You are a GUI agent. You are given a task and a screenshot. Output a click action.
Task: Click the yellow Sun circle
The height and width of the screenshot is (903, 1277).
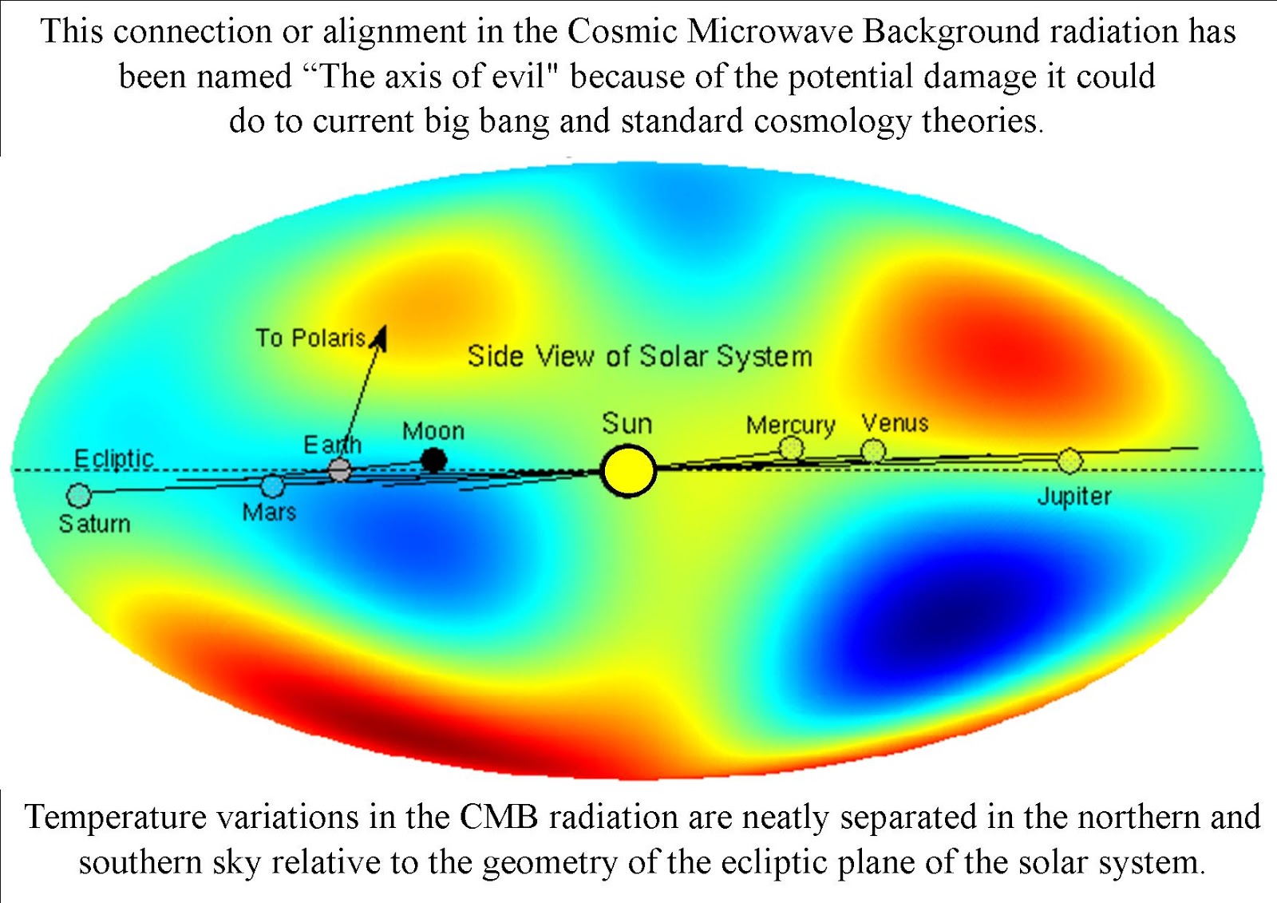coord(629,471)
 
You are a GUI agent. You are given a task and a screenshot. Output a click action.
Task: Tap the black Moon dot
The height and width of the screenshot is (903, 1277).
coord(433,460)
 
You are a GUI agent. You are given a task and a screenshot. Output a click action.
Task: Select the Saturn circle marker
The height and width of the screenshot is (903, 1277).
coord(79,496)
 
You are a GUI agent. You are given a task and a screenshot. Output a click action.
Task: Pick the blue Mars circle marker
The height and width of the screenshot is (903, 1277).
coord(273,485)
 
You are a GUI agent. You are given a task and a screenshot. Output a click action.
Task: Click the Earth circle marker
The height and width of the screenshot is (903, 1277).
coord(340,470)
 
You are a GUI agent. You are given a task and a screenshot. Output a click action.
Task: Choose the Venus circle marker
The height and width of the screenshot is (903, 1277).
coord(874,451)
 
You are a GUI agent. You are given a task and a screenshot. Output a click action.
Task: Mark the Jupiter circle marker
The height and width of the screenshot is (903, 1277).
coord(1069,461)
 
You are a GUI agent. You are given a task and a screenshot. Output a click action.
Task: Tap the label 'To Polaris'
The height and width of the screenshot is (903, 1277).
coord(310,339)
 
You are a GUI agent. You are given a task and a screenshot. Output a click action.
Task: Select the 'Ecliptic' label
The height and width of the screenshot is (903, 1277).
coord(113,459)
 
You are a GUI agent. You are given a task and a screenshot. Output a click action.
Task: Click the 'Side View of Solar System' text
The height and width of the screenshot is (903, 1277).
coord(639,356)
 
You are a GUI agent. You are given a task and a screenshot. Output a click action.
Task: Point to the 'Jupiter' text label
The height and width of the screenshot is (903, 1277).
coord(1073,497)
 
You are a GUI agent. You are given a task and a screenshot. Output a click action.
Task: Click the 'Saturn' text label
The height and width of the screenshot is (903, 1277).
coord(94,524)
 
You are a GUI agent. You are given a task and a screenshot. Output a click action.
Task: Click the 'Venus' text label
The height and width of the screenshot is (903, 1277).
coord(895,423)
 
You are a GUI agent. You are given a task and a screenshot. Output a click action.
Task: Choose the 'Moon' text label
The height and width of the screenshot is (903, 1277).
coord(433,431)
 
